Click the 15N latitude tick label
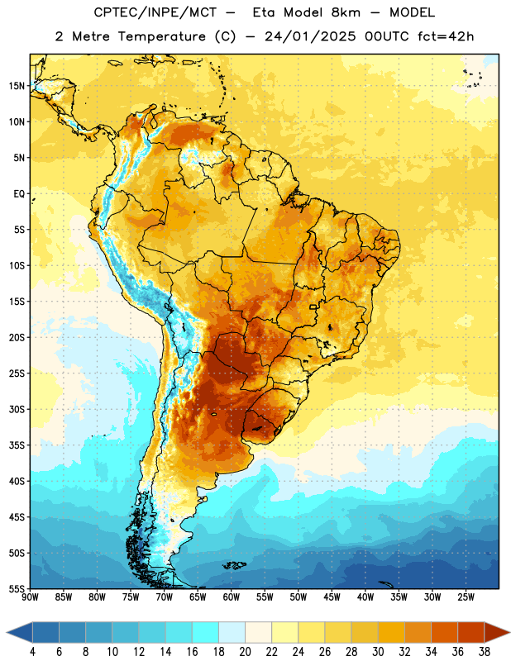pos(17,86)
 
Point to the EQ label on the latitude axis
pos(19,194)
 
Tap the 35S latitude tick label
pos(17,445)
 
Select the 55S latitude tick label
pos(17,588)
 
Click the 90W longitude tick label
pos(30,597)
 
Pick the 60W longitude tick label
pos(232,597)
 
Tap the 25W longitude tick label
pos(466,597)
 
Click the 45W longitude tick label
pos(332,597)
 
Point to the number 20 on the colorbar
pos(245,652)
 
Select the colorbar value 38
pos(484,652)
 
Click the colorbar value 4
pos(32,652)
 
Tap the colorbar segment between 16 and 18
pos(205,632)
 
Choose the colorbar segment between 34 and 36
pos(444,632)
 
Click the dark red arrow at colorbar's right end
pos(495,632)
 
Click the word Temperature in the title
pos(161,36)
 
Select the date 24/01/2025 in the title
pos(310,36)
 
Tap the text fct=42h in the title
pos(446,36)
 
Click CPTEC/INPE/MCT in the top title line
pos(155,12)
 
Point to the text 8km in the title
pos(346,12)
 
